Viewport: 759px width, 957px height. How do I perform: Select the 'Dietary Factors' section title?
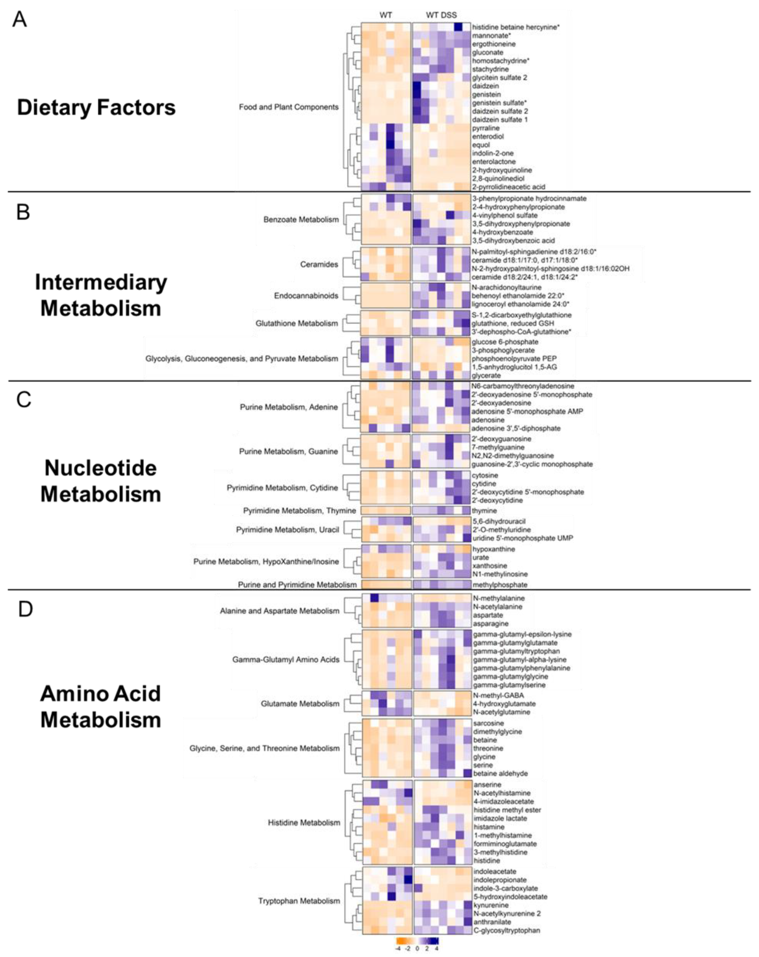pos(96,107)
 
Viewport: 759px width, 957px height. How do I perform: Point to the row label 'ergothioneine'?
pos(493,44)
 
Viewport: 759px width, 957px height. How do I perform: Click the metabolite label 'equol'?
pos(481,145)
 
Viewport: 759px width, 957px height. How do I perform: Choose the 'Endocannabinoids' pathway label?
pos(306,296)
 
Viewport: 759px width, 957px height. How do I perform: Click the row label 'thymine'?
pos(484,511)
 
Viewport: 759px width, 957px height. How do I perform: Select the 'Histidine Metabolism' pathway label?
pos(304,823)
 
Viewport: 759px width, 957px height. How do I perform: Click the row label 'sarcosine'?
pos(488,723)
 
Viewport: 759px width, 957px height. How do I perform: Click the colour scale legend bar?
pos(417,941)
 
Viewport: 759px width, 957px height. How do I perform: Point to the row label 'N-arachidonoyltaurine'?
pos(506,287)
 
